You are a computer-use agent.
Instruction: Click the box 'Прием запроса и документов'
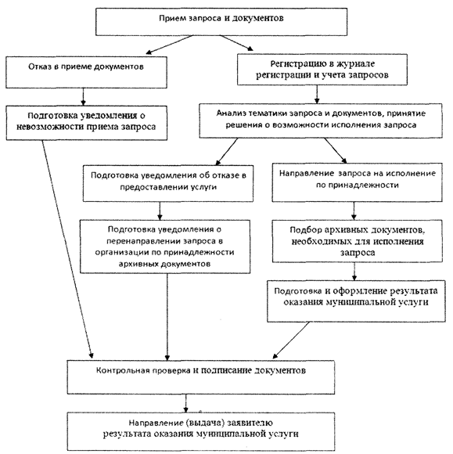[221, 22]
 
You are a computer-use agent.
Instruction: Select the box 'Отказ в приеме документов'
[86, 72]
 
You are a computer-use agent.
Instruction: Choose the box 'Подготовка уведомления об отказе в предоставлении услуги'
[168, 183]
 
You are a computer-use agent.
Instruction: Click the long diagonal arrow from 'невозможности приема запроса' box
[67, 249]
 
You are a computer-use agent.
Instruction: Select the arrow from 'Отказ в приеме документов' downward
[84, 97]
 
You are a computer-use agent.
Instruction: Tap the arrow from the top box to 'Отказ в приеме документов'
[169, 45]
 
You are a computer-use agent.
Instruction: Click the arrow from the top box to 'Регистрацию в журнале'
[236, 43]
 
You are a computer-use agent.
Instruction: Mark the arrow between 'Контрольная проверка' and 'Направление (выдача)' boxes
[185, 403]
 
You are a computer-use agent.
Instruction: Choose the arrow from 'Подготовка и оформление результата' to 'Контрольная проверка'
[291, 340]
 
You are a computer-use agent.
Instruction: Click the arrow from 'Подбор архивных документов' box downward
[354, 272]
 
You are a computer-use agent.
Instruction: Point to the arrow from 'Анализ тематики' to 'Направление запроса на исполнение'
[335, 150]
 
